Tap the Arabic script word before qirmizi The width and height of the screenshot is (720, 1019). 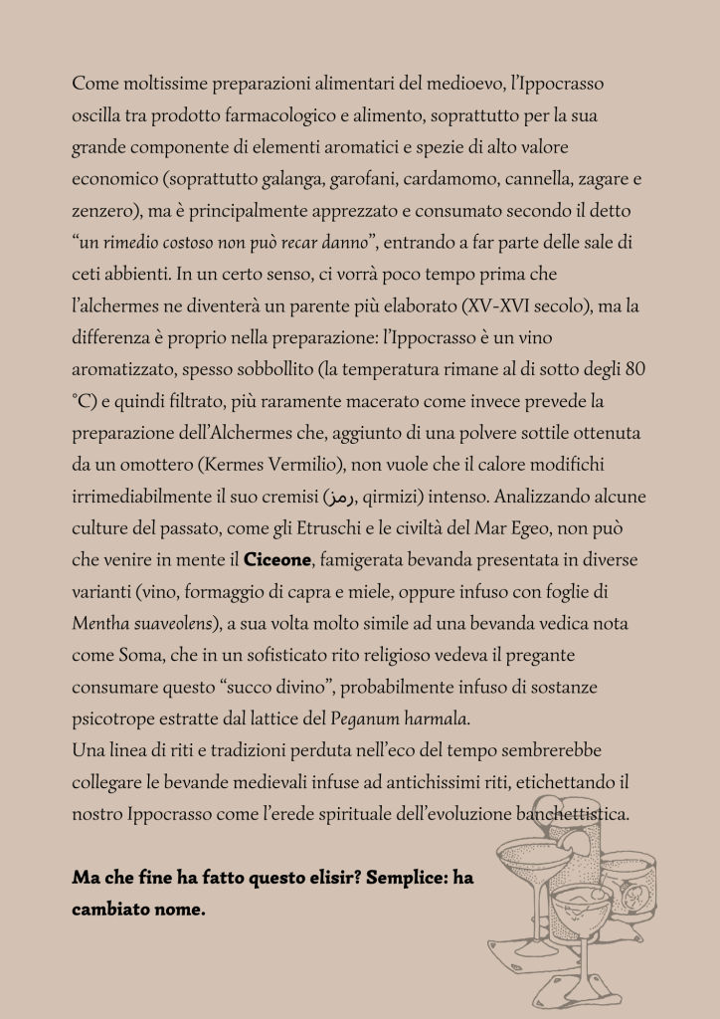pyautogui.click(x=339, y=498)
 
